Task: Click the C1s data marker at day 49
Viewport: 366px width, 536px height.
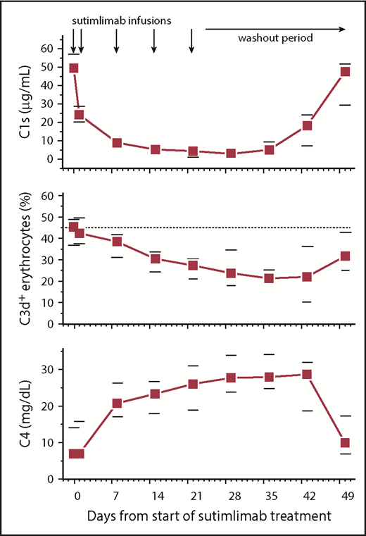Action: pos(345,72)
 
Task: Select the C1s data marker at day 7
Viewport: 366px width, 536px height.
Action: pos(117,143)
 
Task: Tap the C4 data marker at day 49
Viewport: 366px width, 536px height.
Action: pos(345,443)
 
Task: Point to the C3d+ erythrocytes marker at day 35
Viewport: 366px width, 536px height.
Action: pos(269,278)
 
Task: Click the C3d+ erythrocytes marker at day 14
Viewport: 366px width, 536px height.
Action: pos(155,258)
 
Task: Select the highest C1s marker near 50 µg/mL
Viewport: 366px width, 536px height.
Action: pos(73,68)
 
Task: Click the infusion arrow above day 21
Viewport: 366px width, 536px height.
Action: pos(192,42)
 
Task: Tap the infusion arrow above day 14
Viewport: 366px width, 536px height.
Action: pos(154,42)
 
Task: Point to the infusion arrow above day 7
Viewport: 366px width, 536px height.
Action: pos(117,42)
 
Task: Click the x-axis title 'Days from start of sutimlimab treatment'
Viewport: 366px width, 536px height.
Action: pos(210,516)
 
